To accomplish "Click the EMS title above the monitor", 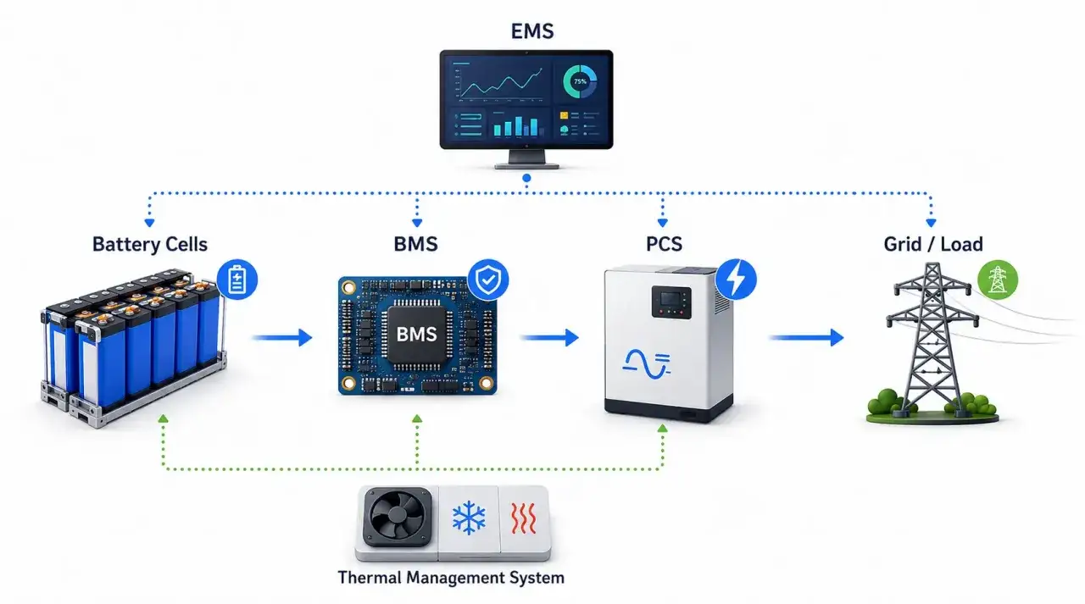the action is coord(531,31).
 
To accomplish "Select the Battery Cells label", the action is coord(150,244).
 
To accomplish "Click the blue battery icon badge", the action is coord(236,280).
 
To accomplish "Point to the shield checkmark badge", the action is coord(487,280).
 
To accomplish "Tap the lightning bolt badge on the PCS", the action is coord(736,280).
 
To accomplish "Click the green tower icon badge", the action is coord(998,280).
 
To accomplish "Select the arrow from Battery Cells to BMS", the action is coord(282,337).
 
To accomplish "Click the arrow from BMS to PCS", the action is coord(549,337).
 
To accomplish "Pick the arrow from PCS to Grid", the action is coord(806,337).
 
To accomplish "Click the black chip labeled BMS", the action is coord(416,335).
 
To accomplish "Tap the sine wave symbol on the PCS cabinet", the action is coord(646,364).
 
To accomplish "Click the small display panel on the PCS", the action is coord(670,302).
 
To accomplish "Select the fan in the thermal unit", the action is coord(398,517).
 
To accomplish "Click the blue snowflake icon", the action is coord(469,518).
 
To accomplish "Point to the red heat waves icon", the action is coord(524,518).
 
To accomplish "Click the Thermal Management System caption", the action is coord(451,578).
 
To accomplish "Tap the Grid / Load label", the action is coord(933,244).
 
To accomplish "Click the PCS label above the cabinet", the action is coord(664,244).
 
